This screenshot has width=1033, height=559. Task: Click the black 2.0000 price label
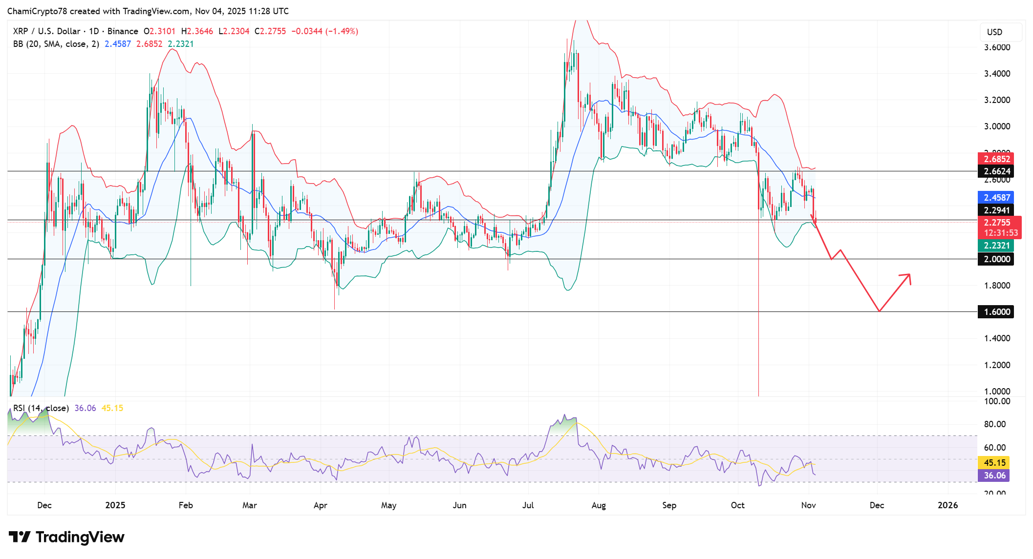[995, 259]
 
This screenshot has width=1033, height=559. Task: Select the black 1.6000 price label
[995, 312]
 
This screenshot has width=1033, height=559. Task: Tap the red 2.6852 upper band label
[995, 159]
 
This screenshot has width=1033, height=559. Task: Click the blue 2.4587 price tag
[995, 197]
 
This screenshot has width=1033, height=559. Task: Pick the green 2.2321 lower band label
[995, 246]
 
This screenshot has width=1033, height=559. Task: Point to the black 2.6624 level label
[995, 171]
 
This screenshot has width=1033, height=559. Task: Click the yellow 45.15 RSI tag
[993, 462]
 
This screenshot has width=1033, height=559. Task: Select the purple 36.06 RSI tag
[993, 475]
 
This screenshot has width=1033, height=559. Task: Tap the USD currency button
[994, 32]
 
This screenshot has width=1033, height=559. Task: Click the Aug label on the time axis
[598, 505]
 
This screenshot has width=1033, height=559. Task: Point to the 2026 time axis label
[947, 505]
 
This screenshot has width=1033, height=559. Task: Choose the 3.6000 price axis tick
[997, 47]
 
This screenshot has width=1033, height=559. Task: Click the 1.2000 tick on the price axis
[997, 365]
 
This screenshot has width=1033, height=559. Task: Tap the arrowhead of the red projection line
[909, 275]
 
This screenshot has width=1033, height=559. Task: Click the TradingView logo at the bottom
[66, 537]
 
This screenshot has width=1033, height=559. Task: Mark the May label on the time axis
[388, 505]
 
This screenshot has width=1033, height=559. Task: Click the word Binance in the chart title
[123, 31]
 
